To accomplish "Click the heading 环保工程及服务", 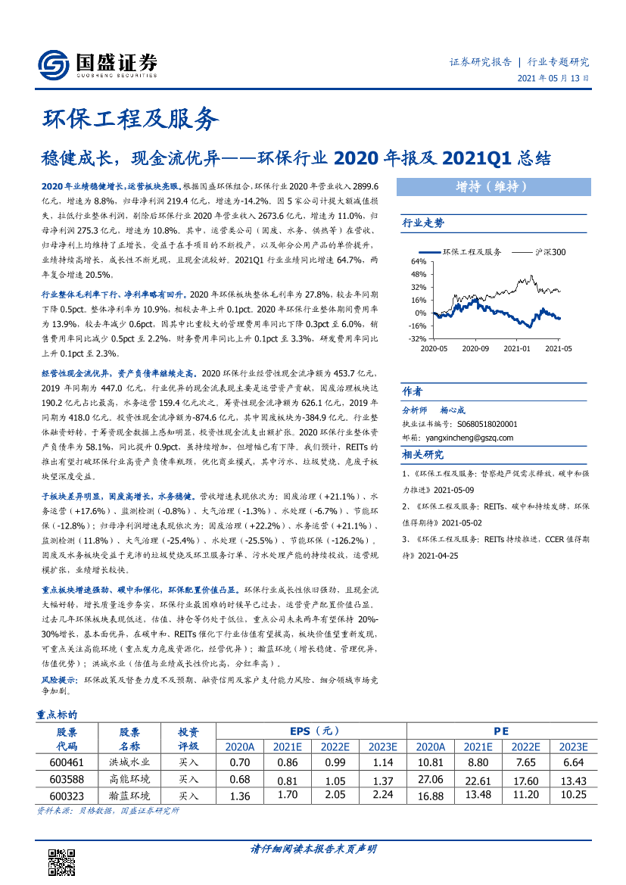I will [x=129, y=119].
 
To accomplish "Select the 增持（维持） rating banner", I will [x=492, y=186].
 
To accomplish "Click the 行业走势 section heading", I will [x=424, y=223].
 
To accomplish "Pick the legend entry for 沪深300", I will [x=538, y=252].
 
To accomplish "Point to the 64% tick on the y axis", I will [x=419, y=262].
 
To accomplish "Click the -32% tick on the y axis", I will [x=417, y=338].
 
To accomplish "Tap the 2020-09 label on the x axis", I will [x=475, y=348].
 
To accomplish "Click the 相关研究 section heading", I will [x=423, y=454].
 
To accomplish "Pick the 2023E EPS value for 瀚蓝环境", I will [x=382, y=794].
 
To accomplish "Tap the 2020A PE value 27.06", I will [x=430, y=778].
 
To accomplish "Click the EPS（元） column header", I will [x=310, y=731].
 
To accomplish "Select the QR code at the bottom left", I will [x=61, y=862].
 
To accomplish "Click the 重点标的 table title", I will [x=58, y=714].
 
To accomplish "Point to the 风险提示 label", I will [x=58, y=681].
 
